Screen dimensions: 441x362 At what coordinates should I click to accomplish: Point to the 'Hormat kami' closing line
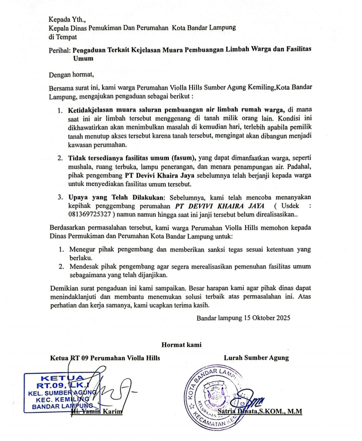tap(181, 345)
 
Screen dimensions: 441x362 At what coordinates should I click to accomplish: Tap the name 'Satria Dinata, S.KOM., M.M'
tap(260, 411)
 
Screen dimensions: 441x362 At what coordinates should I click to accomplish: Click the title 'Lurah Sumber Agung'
tap(256, 358)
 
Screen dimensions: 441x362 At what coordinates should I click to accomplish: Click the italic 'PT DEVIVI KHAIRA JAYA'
tap(220, 206)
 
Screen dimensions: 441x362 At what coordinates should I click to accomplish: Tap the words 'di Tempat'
tap(63, 37)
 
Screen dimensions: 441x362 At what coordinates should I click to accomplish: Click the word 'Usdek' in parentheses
tap(290, 206)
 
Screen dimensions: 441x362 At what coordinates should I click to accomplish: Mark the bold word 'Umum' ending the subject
tap(83, 58)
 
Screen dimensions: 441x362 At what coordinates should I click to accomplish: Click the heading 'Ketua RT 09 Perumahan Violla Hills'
tap(105, 358)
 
